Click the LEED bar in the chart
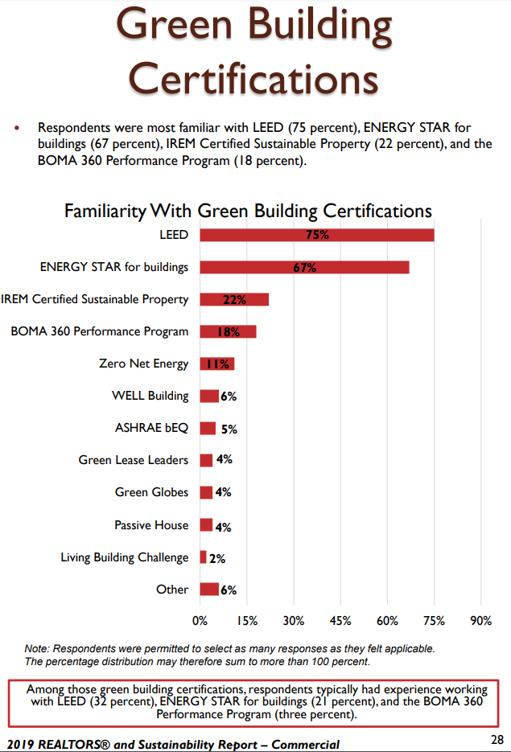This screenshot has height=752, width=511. (316, 235)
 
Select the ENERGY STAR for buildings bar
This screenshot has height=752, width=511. (304, 267)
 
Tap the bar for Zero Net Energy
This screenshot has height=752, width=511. (216, 364)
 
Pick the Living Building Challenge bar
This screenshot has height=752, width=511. (203, 557)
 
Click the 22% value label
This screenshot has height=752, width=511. (234, 300)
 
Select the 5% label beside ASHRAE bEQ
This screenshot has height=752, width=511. (229, 429)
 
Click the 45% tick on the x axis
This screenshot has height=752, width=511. (340, 620)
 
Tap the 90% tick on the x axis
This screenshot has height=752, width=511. (480, 620)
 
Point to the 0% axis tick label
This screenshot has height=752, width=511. (200, 620)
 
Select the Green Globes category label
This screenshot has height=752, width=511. (151, 492)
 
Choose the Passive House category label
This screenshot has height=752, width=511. (151, 525)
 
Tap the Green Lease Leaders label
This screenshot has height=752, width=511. (134, 460)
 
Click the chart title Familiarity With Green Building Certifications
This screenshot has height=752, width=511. (248, 211)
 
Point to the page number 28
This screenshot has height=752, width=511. (497, 740)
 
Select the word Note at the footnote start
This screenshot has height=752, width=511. (35, 648)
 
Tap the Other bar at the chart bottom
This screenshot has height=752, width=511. (209, 590)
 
